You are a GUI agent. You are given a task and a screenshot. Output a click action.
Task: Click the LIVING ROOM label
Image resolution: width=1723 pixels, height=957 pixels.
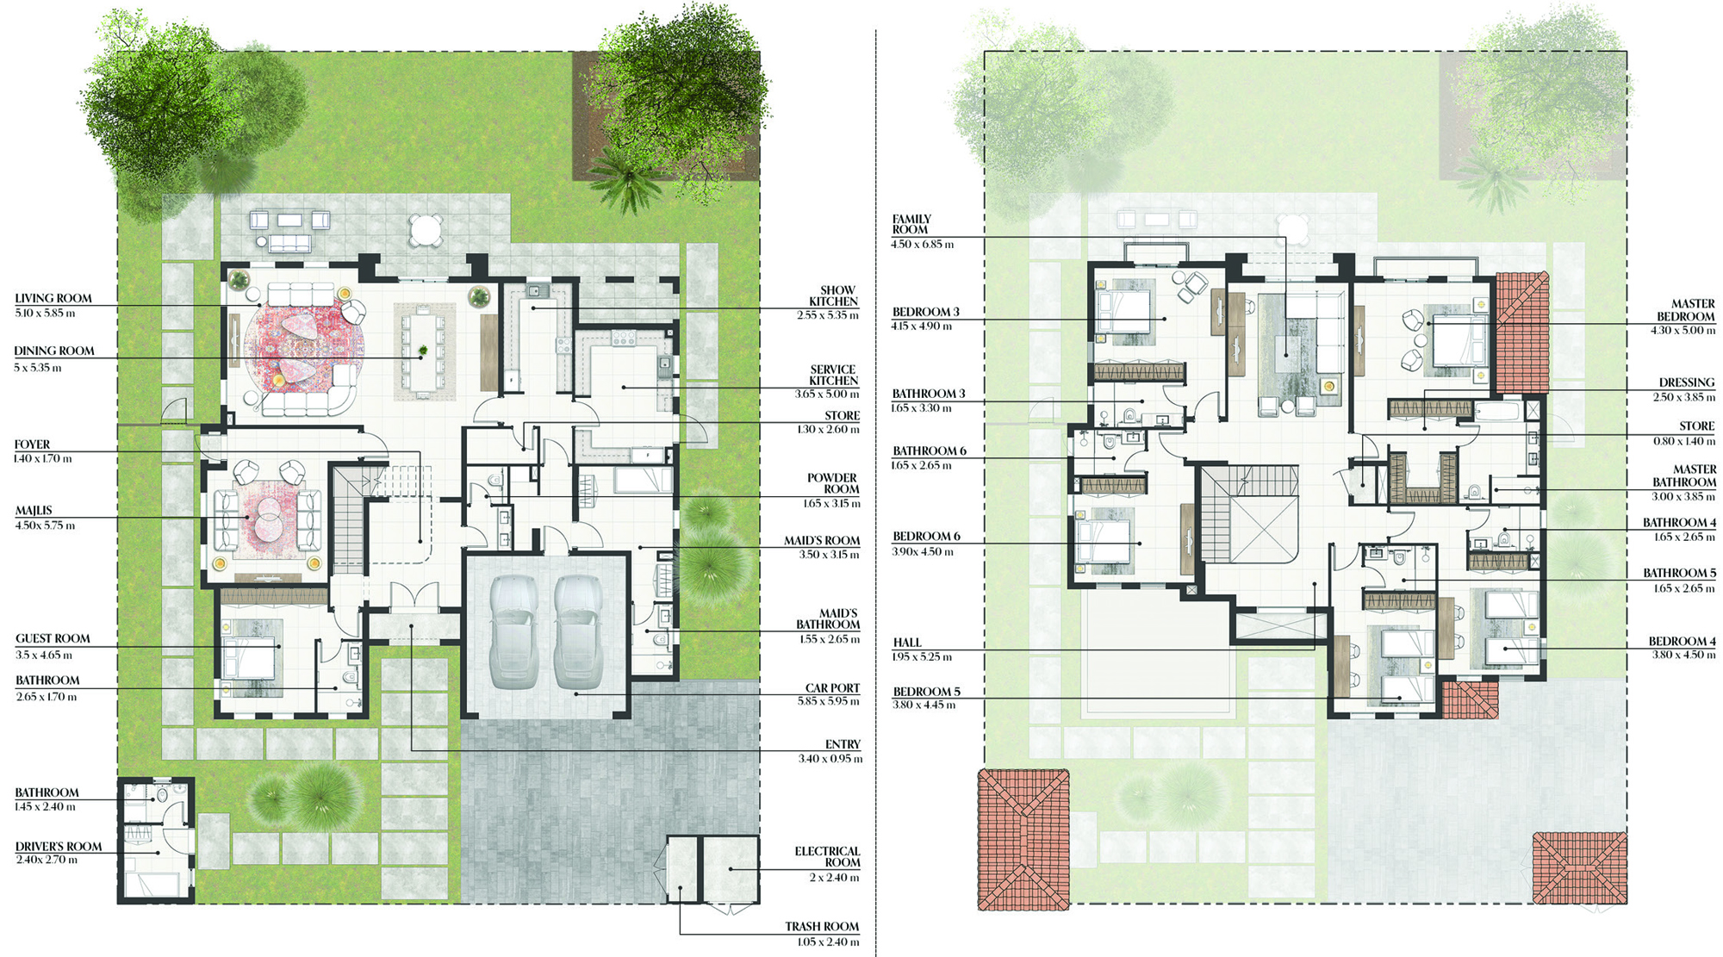pyautogui.click(x=53, y=298)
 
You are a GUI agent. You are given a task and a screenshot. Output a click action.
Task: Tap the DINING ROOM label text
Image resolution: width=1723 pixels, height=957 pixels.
pyautogui.click(x=54, y=351)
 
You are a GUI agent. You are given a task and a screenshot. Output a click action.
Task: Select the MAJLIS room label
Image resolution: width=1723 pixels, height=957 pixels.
pyautogui.click(x=34, y=511)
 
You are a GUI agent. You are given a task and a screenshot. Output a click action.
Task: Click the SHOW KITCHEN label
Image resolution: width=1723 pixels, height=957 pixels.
pyautogui.click(x=834, y=295)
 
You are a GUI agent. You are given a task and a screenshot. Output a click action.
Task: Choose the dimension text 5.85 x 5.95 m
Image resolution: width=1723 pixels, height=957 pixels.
pyautogui.click(x=829, y=701)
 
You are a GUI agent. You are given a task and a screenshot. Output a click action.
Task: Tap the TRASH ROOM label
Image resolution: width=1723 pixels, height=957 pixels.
pyautogui.click(x=822, y=927)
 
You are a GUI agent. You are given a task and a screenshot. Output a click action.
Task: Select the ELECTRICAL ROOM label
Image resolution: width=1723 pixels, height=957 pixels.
pyautogui.click(x=828, y=856)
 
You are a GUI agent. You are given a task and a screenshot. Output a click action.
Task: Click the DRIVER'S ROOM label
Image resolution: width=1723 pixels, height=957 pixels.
pyautogui.click(x=59, y=847)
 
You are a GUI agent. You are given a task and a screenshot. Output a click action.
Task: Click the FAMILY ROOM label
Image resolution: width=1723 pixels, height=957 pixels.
pyautogui.click(x=911, y=224)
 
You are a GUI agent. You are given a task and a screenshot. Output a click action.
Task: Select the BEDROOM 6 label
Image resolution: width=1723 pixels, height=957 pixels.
pyautogui.click(x=926, y=537)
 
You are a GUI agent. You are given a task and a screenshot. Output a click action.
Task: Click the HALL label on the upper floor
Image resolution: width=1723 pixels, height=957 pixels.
pyautogui.click(x=907, y=643)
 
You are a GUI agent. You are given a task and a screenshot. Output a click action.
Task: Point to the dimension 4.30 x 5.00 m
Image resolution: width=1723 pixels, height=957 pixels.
pyautogui.click(x=1683, y=331)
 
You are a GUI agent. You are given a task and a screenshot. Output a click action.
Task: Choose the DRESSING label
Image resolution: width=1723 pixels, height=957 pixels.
pyautogui.click(x=1687, y=382)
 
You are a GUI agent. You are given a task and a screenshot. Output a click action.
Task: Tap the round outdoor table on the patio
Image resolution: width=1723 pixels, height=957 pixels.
pyautogui.click(x=426, y=230)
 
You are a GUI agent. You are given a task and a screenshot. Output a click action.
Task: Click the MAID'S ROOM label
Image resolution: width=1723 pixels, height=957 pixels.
pyautogui.click(x=822, y=541)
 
